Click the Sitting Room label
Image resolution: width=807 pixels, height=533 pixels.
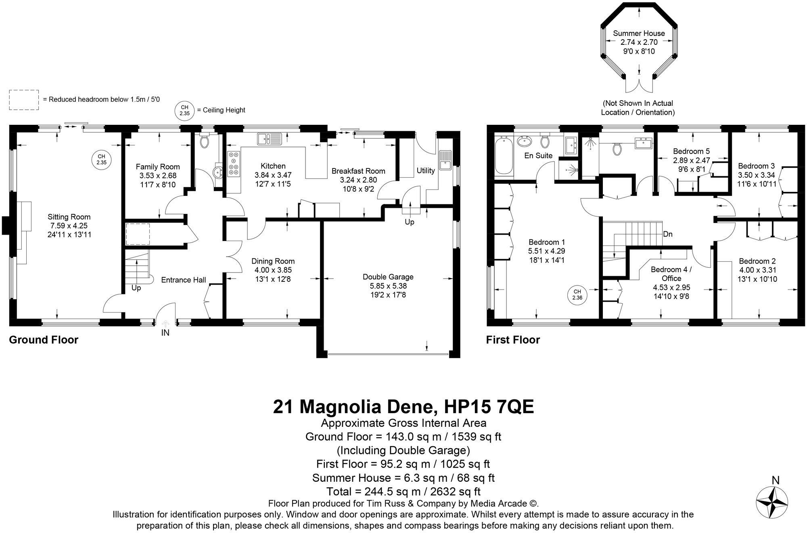click(x=69, y=217)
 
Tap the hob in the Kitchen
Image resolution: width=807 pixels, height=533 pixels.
click(x=234, y=164)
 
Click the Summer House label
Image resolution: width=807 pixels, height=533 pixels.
click(x=639, y=34)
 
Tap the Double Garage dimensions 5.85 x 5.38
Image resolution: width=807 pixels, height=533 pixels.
click(x=388, y=286)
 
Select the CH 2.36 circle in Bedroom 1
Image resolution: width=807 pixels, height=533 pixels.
click(x=577, y=294)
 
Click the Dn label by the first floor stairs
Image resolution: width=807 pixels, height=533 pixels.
click(x=668, y=234)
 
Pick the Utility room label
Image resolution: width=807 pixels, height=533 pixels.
click(x=426, y=170)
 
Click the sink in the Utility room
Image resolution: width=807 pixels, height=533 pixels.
click(x=445, y=160)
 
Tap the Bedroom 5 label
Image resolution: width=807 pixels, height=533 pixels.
click(x=691, y=151)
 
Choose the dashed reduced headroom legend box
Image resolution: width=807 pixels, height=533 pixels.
click(x=24, y=100)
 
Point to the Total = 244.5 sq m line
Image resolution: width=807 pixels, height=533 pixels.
click(x=403, y=491)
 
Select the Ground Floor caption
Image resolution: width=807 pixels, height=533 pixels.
click(x=44, y=340)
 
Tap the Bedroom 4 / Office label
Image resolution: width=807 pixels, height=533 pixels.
click(x=671, y=274)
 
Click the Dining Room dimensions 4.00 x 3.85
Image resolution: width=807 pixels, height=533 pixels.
click(x=273, y=270)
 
